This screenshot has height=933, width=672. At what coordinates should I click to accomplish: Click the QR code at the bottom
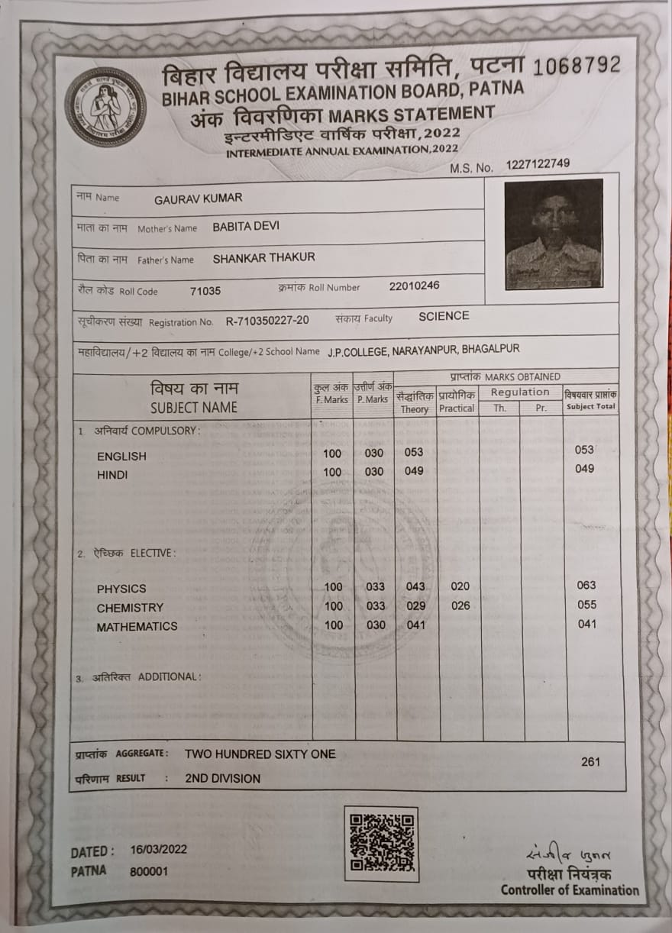click(x=381, y=843)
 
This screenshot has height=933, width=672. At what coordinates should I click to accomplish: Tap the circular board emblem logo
click(x=105, y=107)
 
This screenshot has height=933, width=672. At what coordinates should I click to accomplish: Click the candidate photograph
click(x=554, y=234)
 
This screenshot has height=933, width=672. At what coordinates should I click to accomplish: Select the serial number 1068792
click(x=577, y=66)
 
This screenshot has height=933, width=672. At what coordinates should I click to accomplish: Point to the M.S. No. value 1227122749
click(x=538, y=163)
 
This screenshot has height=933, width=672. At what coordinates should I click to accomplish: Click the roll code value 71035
click(x=205, y=291)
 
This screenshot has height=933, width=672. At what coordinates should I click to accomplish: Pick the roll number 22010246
click(x=414, y=286)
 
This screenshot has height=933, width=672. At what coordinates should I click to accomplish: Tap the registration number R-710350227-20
click(x=267, y=321)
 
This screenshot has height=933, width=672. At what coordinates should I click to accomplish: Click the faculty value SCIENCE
click(x=444, y=316)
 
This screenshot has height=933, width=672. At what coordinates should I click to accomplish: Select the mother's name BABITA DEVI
click(x=246, y=227)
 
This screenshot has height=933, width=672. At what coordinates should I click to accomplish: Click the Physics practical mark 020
click(x=460, y=586)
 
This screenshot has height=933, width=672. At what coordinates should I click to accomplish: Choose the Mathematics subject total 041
click(x=587, y=624)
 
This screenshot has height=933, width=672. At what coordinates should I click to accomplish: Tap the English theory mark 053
click(x=414, y=452)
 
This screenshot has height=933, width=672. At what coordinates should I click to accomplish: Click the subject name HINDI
click(x=112, y=475)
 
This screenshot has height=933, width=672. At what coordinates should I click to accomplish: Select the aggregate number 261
click(x=590, y=761)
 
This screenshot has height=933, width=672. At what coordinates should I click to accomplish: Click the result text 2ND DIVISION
click(x=222, y=779)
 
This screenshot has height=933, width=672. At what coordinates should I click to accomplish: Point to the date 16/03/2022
click(x=158, y=849)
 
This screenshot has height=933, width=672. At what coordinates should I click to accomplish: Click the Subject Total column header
click(x=590, y=401)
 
